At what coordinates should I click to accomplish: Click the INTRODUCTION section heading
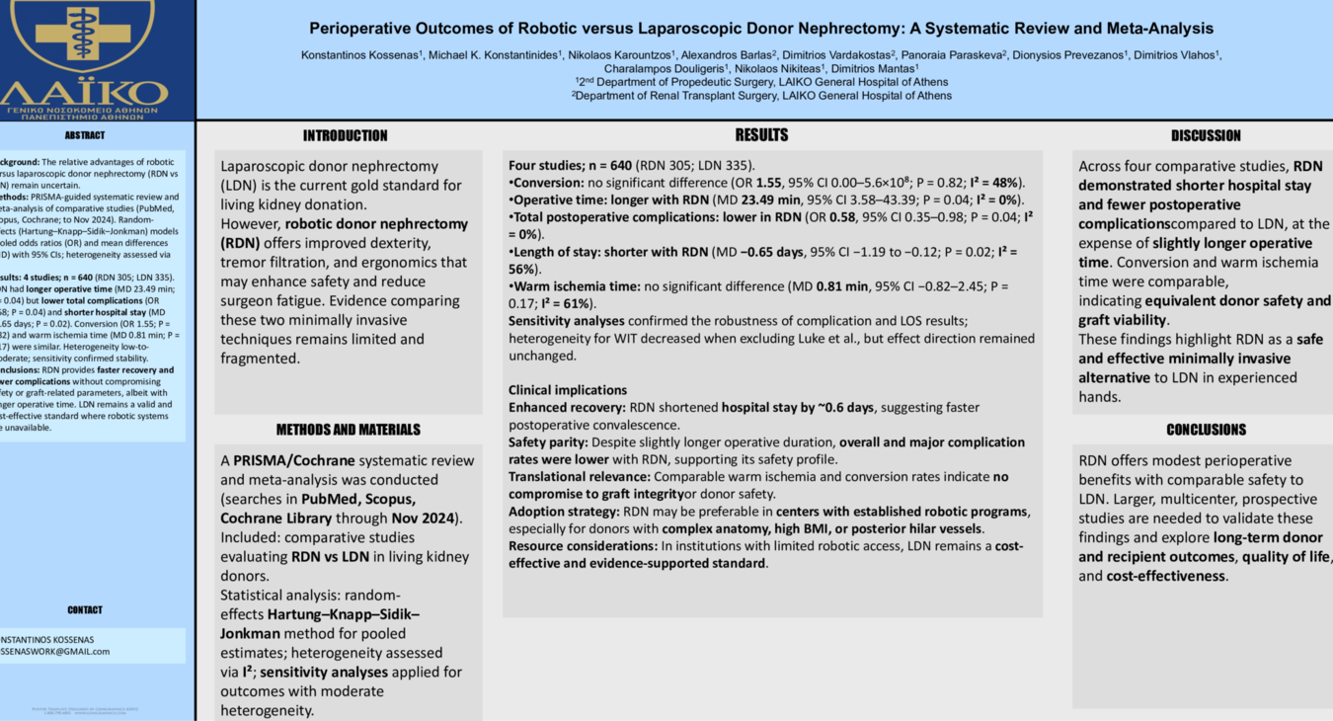[345, 136]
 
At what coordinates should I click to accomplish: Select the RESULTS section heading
[761, 135]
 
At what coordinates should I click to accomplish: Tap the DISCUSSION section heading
[1206, 136]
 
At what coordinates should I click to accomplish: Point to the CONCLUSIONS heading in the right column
[1206, 430]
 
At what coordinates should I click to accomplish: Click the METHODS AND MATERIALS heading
[348, 430]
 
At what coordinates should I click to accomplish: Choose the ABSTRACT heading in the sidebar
[85, 135]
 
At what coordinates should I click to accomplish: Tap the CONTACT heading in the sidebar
[85, 610]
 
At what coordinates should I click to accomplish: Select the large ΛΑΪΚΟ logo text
[85, 93]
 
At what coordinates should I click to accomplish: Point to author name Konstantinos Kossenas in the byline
[361, 55]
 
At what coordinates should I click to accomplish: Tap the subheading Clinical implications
[568, 390]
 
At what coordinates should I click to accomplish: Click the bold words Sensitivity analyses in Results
[566, 321]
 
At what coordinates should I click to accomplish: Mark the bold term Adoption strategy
[563, 512]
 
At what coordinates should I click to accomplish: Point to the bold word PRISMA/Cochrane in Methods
[291, 460]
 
